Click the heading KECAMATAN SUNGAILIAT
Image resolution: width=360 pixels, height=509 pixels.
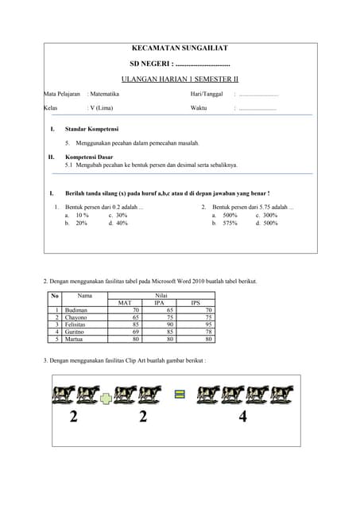click(179, 49)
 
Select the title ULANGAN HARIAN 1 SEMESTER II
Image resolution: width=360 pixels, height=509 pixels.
click(179, 79)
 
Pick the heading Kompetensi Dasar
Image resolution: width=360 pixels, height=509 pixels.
click(89, 157)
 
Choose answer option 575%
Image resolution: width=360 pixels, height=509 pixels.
click(230, 223)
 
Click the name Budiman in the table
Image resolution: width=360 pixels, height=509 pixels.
click(76, 310)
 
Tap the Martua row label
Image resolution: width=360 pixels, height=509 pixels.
click(75, 339)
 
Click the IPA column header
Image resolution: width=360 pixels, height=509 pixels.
click(159, 303)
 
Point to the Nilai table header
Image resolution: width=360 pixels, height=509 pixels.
click(161, 296)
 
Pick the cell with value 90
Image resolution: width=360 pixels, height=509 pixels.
click(169, 324)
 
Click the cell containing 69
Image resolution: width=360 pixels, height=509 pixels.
click(136, 332)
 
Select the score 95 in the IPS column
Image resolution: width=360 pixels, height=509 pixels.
click(208, 324)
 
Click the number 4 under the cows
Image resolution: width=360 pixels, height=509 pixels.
click(242, 417)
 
